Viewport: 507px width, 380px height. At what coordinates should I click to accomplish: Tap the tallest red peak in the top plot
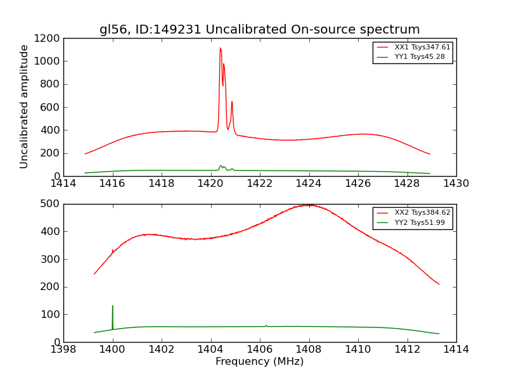point(221,49)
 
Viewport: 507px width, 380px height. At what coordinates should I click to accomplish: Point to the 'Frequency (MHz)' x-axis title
point(259,362)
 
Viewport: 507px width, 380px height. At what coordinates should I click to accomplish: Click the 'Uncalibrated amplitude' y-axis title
point(24,106)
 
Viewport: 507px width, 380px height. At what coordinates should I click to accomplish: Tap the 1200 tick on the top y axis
point(48,39)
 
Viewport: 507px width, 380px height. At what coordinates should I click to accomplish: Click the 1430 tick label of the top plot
point(456,184)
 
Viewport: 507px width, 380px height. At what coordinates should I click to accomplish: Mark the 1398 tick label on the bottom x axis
point(63,350)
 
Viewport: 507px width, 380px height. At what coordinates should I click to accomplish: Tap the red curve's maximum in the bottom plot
point(309,205)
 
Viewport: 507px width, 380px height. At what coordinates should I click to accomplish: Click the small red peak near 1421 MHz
point(232,103)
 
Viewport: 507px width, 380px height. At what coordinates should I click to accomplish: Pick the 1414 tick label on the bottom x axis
point(456,350)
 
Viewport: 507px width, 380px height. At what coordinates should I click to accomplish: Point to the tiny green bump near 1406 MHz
point(266,326)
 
